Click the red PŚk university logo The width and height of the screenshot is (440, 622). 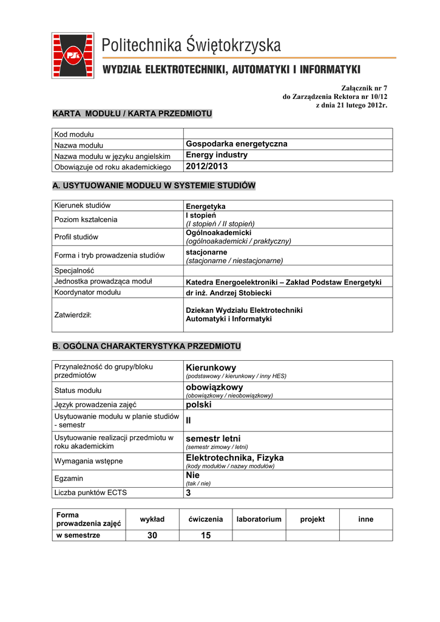point(73,55)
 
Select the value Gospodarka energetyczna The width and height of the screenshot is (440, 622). point(236,145)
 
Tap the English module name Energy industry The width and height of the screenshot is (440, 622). point(216,155)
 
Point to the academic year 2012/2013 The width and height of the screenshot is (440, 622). point(206,166)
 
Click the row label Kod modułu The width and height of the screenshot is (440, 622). point(73,134)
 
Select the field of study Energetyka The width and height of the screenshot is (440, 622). point(205,207)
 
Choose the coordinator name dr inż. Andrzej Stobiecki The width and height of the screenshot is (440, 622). point(228,293)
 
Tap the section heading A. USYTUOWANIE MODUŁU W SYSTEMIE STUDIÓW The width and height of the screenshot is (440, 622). point(154,185)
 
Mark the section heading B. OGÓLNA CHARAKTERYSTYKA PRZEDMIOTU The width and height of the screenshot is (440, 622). point(147,346)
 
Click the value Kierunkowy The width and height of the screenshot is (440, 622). point(211,367)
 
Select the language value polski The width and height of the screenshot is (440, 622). point(198,404)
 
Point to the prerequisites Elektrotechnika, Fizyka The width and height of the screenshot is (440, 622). point(234,457)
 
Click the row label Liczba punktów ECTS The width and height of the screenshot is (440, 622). point(90,493)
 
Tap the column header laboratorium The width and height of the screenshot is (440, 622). point(259,519)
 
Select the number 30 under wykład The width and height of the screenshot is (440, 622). point(152,535)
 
